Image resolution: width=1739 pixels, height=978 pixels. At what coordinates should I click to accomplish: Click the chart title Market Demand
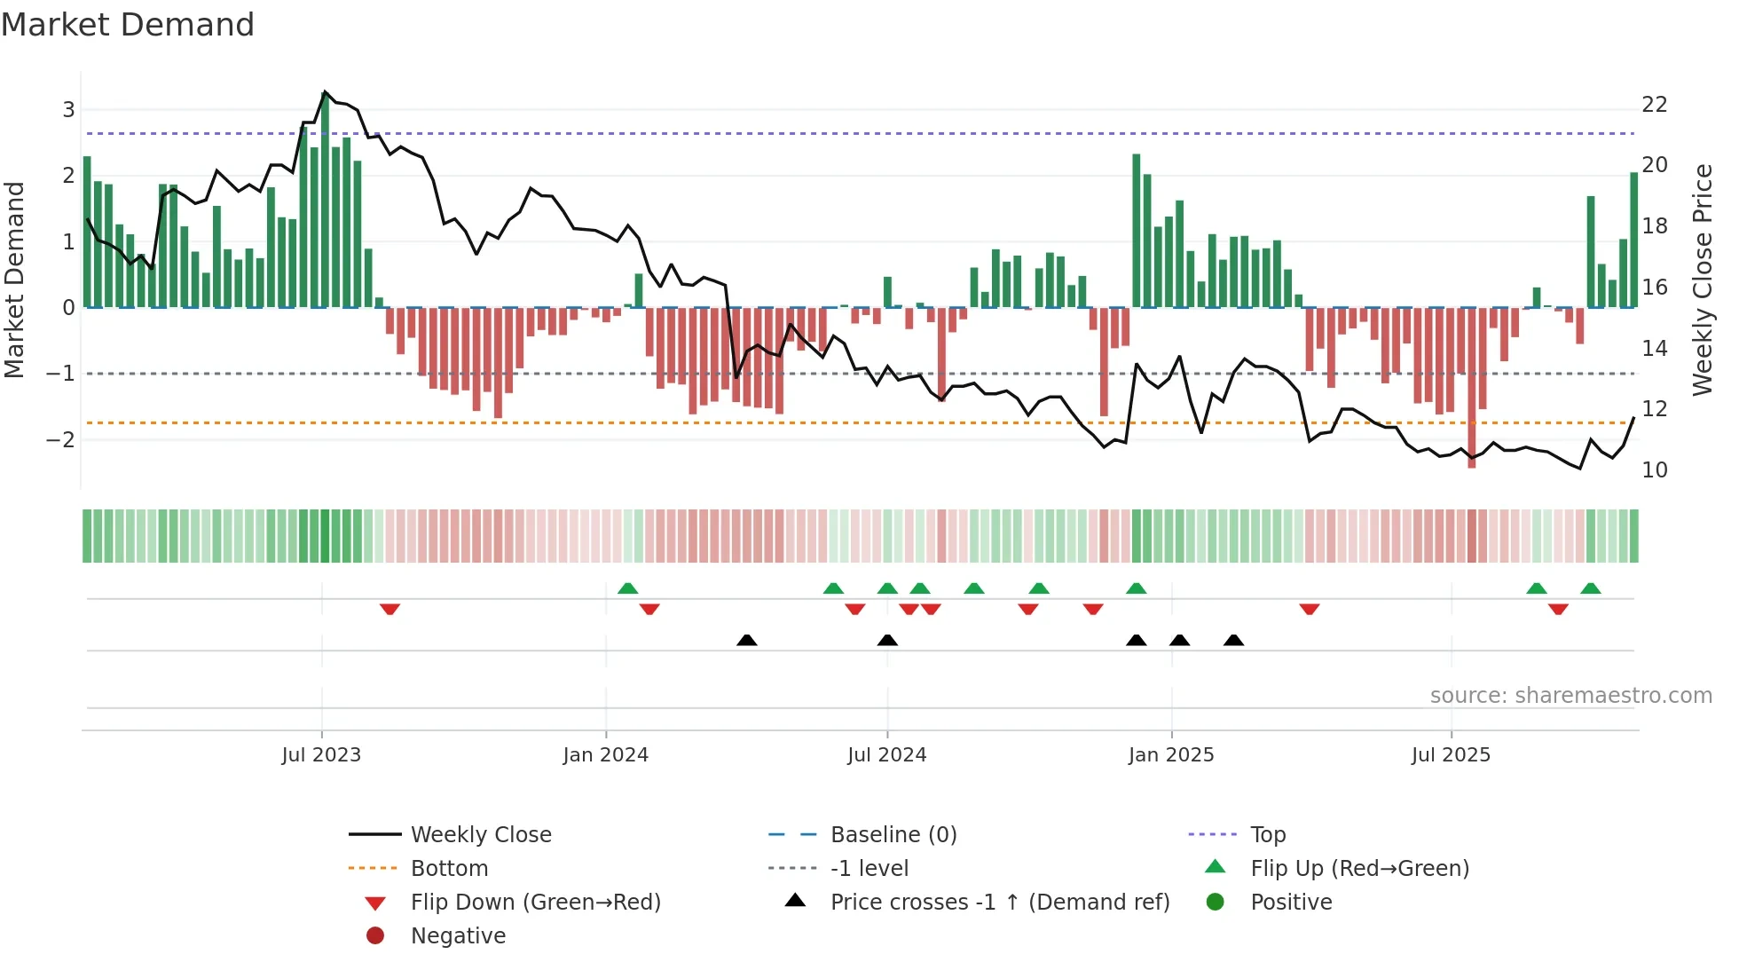pyautogui.click(x=128, y=25)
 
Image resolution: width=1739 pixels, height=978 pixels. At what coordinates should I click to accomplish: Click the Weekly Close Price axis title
pyautogui.click(x=1702, y=280)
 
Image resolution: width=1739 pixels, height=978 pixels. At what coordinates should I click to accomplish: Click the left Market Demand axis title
pyautogui.click(x=14, y=280)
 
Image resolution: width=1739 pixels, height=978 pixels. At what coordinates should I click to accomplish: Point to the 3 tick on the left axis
pyautogui.click(x=68, y=110)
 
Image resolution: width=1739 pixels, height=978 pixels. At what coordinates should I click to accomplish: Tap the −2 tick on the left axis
pyautogui.click(x=60, y=440)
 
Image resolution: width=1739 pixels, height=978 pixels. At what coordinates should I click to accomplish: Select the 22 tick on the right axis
pyautogui.click(x=1655, y=105)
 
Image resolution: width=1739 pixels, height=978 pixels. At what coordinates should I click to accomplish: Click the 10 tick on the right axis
pyautogui.click(x=1655, y=470)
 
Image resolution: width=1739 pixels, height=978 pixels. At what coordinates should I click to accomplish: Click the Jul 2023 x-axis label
pyautogui.click(x=321, y=755)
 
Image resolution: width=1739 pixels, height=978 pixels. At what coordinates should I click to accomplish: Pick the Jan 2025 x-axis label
pyautogui.click(x=1171, y=755)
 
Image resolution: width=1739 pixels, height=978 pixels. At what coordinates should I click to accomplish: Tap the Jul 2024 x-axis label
pyautogui.click(x=886, y=755)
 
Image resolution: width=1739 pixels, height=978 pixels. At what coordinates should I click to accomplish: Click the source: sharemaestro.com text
pyautogui.click(x=1570, y=696)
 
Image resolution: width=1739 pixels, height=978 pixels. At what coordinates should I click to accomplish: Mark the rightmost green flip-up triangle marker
pyautogui.click(x=1591, y=588)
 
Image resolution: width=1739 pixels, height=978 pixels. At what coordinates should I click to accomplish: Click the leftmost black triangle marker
pyautogui.click(x=747, y=640)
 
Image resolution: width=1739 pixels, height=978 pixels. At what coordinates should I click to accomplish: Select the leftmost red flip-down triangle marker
pyautogui.click(x=390, y=609)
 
